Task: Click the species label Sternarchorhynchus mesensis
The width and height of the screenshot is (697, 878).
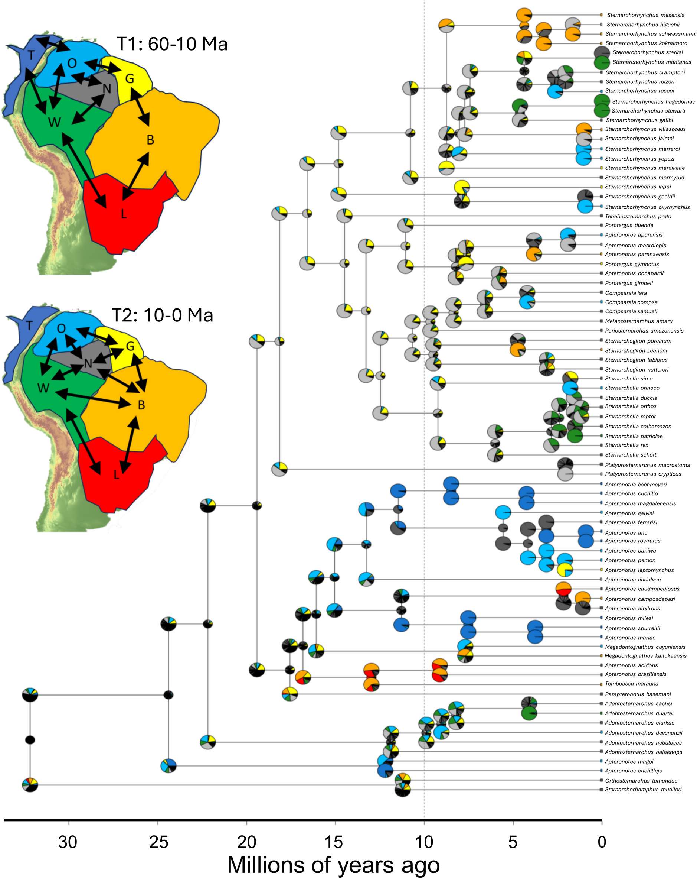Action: click(645, 15)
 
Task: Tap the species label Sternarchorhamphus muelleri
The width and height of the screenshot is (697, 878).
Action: click(643, 789)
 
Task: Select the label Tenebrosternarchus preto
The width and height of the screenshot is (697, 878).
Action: click(638, 216)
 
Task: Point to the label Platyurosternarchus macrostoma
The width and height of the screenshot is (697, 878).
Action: click(647, 465)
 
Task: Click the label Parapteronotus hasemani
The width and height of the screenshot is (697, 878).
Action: click(638, 694)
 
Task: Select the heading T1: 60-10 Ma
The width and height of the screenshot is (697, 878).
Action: click(172, 44)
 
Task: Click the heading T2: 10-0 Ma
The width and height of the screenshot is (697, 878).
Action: click(162, 315)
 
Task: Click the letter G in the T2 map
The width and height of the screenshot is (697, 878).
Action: click(130, 347)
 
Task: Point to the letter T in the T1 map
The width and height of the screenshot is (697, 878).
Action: click(31, 55)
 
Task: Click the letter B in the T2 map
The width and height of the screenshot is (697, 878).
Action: click(141, 405)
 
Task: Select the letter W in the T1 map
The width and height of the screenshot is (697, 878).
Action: click(55, 122)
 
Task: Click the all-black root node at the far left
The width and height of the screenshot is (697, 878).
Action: click(30, 739)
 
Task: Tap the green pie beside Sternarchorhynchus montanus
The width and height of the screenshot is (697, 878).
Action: click(601, 62)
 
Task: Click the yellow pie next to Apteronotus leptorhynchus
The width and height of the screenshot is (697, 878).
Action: click(565, 570)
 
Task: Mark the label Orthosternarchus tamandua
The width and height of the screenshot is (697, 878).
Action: click(641, 781)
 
